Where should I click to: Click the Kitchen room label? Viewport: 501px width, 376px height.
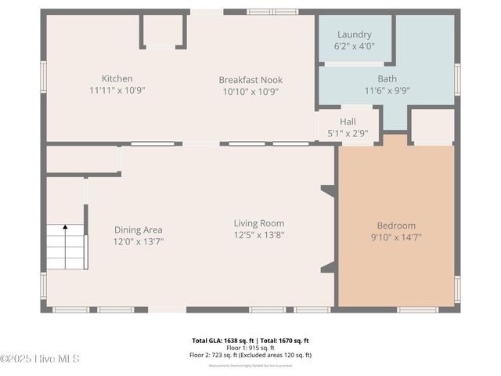coord(117,78)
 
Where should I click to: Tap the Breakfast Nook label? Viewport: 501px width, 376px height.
coord(250,80)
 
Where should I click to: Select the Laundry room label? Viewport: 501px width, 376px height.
coord(354,34)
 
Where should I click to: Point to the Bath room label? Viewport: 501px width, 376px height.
coord(387,78)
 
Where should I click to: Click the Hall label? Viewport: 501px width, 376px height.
coord(348,121)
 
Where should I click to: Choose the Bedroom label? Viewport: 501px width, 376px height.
coord(396,226)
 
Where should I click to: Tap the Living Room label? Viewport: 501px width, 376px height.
coord(258,223)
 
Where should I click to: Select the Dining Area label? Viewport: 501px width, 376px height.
coord(139,230)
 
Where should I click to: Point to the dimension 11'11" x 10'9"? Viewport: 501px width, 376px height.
coord(117,90)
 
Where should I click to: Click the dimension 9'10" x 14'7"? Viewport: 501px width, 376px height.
coord(396,237)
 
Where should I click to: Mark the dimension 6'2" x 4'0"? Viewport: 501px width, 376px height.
coord(354,46)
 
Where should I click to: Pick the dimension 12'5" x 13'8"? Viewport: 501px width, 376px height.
coord(258,235)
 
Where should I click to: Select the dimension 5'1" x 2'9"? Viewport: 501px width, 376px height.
coord(348,133)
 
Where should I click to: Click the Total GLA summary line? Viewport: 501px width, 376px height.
coord(250,341)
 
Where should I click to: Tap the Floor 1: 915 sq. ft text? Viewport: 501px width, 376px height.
coord(250,348)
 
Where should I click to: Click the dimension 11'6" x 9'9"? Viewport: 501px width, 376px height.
coord(387,90)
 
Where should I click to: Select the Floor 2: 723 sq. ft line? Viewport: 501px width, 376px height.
coord(250,355)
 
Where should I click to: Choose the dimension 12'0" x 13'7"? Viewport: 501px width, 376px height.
coord(139,241)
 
